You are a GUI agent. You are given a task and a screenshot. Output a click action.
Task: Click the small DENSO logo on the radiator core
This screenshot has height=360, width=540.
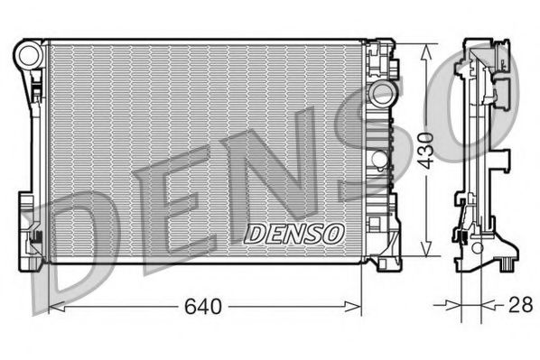point(295,233)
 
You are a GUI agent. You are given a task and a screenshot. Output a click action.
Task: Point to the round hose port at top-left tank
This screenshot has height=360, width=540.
point(29,56)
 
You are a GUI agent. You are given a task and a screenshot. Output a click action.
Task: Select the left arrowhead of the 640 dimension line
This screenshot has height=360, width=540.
point(52,308)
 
